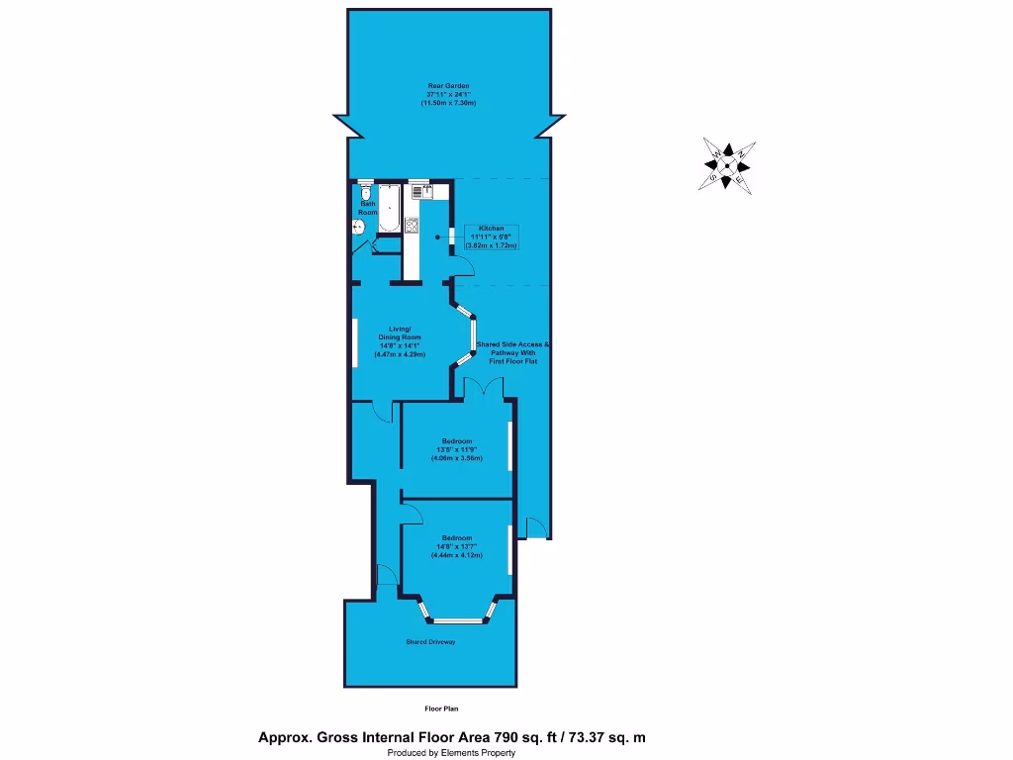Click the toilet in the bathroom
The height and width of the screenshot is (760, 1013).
[x=366, y=192]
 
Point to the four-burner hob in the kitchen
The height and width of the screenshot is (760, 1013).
[x=412, y=225]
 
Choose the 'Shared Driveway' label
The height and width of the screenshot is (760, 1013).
[x=430, y=642]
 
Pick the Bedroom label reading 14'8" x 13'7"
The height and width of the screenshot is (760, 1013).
[x=456, y=546]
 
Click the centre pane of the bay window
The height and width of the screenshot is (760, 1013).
[x=456, y=621]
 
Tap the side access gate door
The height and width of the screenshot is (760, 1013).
[x=535, y=528]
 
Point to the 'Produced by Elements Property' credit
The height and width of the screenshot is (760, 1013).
[x=450, y=753]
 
